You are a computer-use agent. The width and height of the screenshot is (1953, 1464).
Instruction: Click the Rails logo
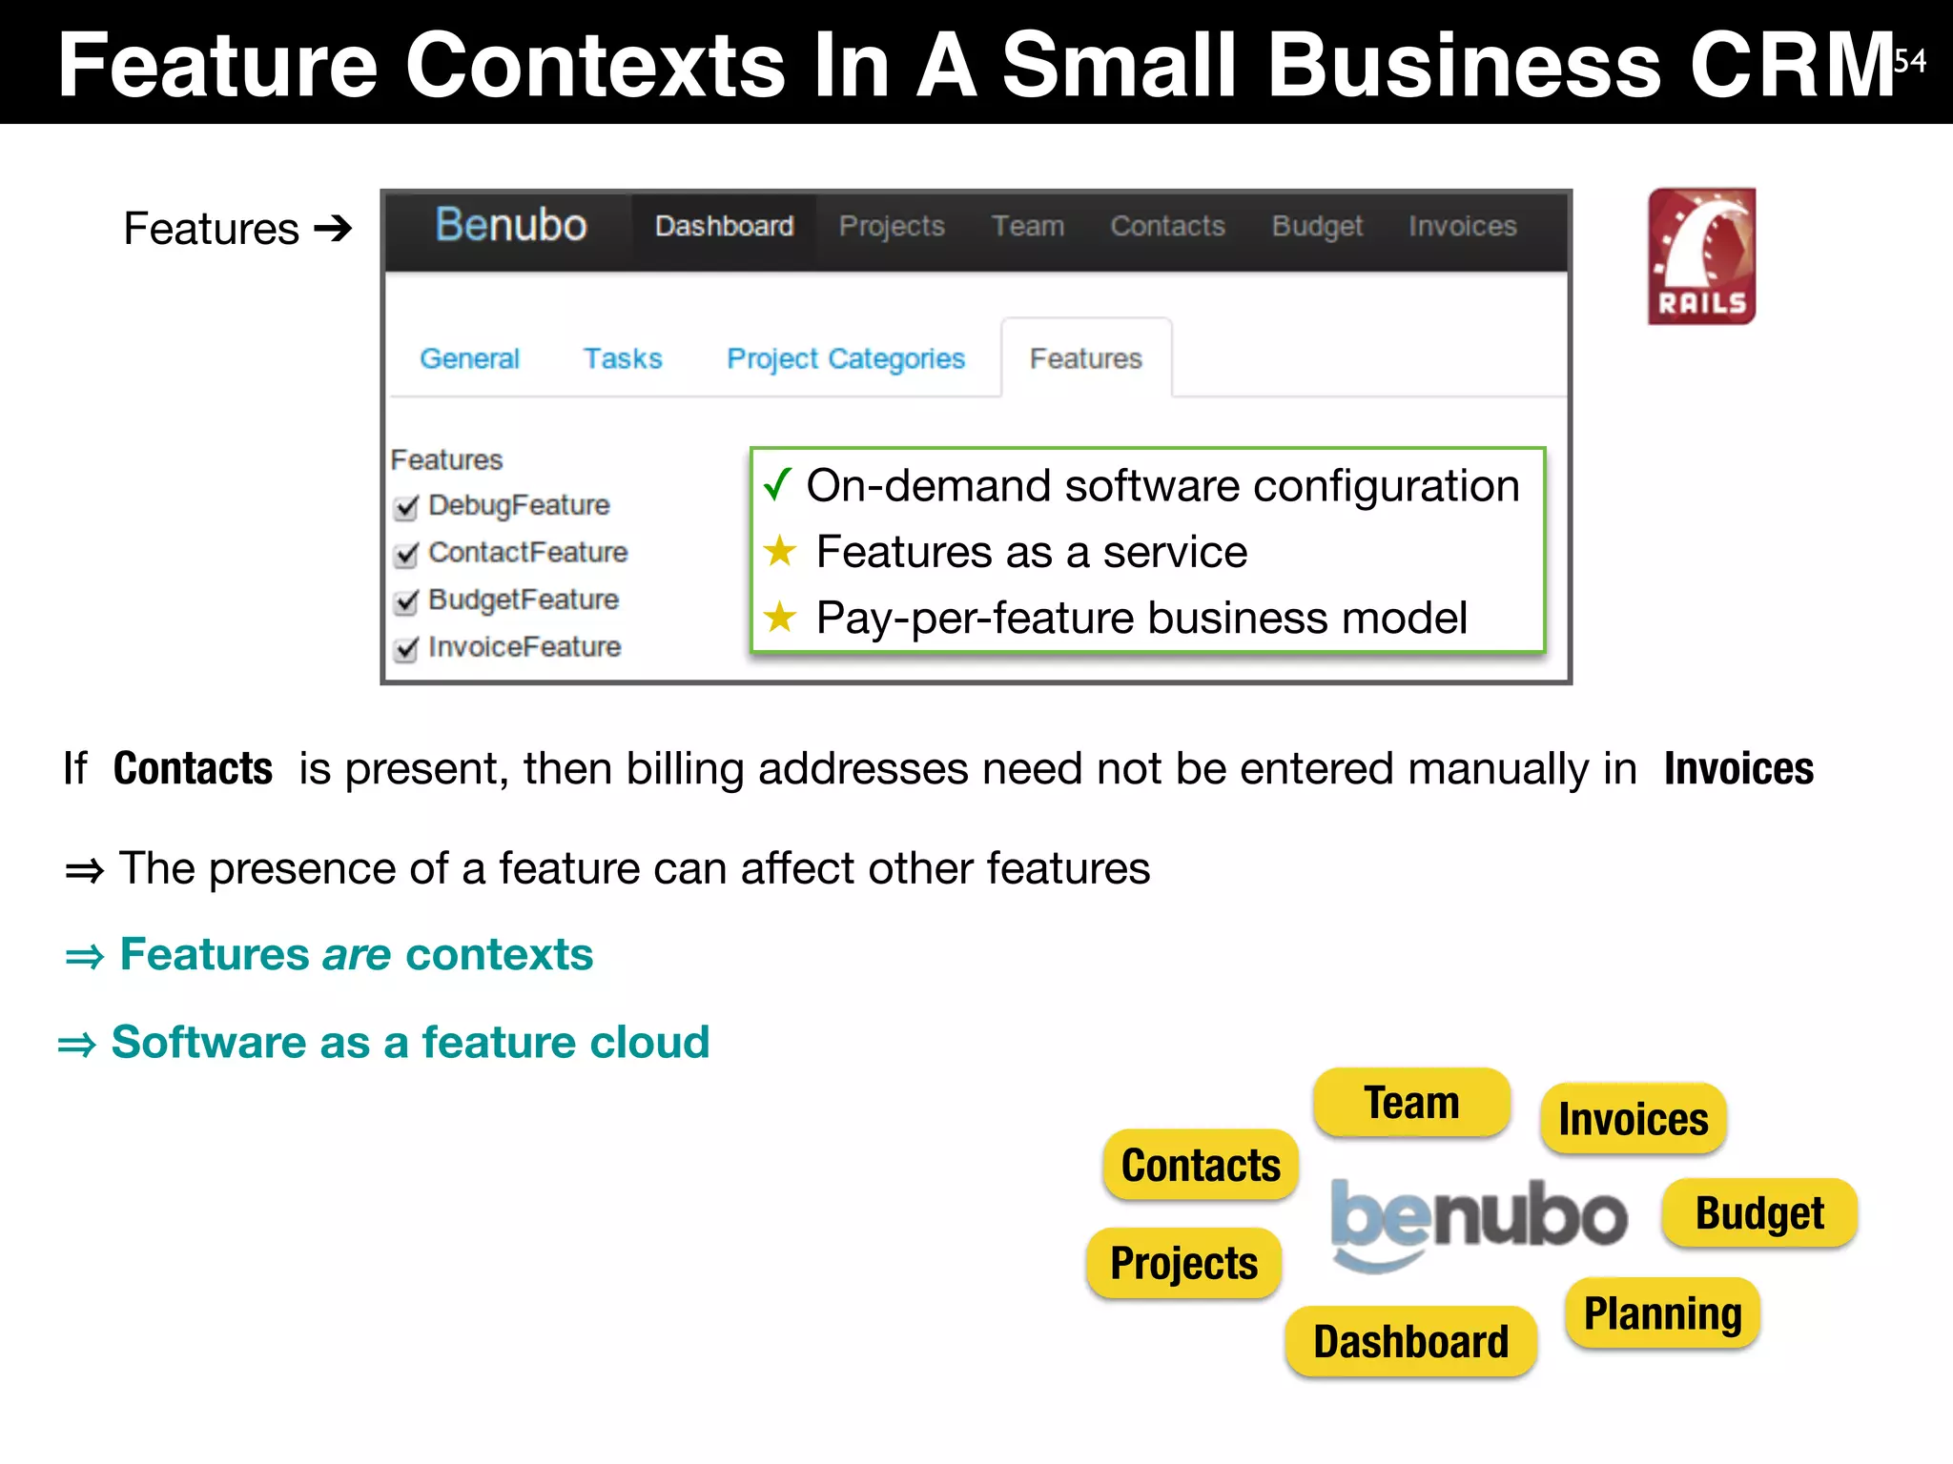[x=1701, y=256]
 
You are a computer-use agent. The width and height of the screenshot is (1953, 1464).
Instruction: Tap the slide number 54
[x=1909, y=61]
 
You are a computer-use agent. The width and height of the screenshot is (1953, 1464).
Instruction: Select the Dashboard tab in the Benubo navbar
[x=724, y=227]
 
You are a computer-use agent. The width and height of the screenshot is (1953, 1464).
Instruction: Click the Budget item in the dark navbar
[x=1317, y=227]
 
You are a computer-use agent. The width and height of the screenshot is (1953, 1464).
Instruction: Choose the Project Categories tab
[x=845, y=359]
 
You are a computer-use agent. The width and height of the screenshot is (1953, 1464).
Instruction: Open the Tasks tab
[x=623, y=359]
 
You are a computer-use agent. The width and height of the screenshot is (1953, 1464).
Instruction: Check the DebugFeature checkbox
[x=406, y=507]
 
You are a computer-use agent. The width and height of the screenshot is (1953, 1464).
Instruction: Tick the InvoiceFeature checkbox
[x=406, y=649]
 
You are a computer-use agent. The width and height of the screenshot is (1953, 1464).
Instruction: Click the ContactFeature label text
[x=527, y=553]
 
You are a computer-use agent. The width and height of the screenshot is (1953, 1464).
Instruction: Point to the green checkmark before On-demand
[x=777, y=484]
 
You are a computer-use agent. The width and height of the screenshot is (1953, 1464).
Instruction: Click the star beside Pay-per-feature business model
[x=780, y=618]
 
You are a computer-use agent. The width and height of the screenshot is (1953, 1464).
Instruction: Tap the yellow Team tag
[x=1411, y=1103]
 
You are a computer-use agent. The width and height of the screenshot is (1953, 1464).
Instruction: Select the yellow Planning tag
[x=1662, y=1313]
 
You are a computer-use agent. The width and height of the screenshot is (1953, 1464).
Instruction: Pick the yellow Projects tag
[x=1183, y=1263]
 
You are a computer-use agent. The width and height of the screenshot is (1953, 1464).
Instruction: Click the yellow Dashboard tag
[x=1410, y=1341]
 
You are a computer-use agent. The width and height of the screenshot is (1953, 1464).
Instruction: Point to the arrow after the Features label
[x=333, y=229]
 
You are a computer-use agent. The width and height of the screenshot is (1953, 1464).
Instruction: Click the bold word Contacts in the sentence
[x=193, y=768]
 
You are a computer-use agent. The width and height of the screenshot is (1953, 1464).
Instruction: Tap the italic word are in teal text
[x=357, y=954]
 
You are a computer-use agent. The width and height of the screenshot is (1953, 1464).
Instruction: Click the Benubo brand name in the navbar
[x=510, y=226]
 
